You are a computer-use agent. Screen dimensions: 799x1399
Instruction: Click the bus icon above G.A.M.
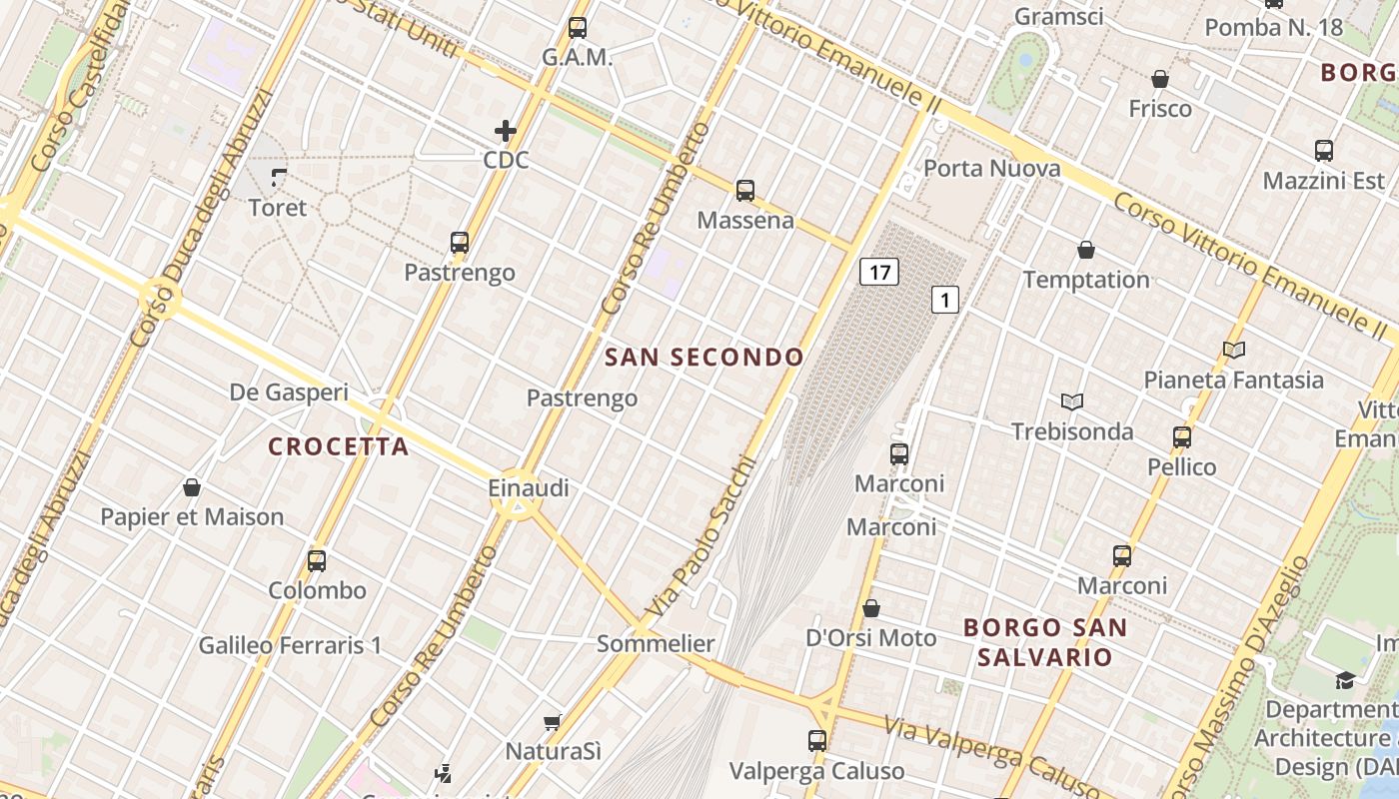click(578, 28)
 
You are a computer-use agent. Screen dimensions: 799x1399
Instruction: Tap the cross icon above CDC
click(506, 131)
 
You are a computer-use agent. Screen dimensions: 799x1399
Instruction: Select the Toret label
click(278, 208)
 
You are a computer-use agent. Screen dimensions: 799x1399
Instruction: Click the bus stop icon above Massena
click(745, 191)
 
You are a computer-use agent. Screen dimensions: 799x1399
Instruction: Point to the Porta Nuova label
click(991, 168)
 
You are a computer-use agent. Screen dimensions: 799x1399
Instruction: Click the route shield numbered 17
click(879, 272)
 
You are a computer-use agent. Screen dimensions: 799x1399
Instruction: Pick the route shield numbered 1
click(945, 299)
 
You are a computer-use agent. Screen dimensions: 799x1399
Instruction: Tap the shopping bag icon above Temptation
click(1086, 250)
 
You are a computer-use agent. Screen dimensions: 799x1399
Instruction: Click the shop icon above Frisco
click(1160, 79)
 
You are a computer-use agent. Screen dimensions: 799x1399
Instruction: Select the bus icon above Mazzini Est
click(1324, 151)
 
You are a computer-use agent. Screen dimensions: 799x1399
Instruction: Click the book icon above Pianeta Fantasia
click(1234, 350)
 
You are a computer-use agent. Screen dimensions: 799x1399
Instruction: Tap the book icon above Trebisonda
click(1072, 401)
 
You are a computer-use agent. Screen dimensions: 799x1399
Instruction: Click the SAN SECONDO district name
click(704, 358)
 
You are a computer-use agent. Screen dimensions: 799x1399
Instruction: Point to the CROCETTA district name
click(339, 446)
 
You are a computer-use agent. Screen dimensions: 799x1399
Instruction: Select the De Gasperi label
click(289, 393)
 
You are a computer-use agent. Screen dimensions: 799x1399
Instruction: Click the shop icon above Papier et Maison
click(192, 487)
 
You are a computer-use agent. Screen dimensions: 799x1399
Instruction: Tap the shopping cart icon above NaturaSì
click(552, 721)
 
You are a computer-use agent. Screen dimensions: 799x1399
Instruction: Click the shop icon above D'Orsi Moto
click(871, 608)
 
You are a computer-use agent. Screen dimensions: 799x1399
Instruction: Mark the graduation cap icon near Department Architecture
click(1344, 681)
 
